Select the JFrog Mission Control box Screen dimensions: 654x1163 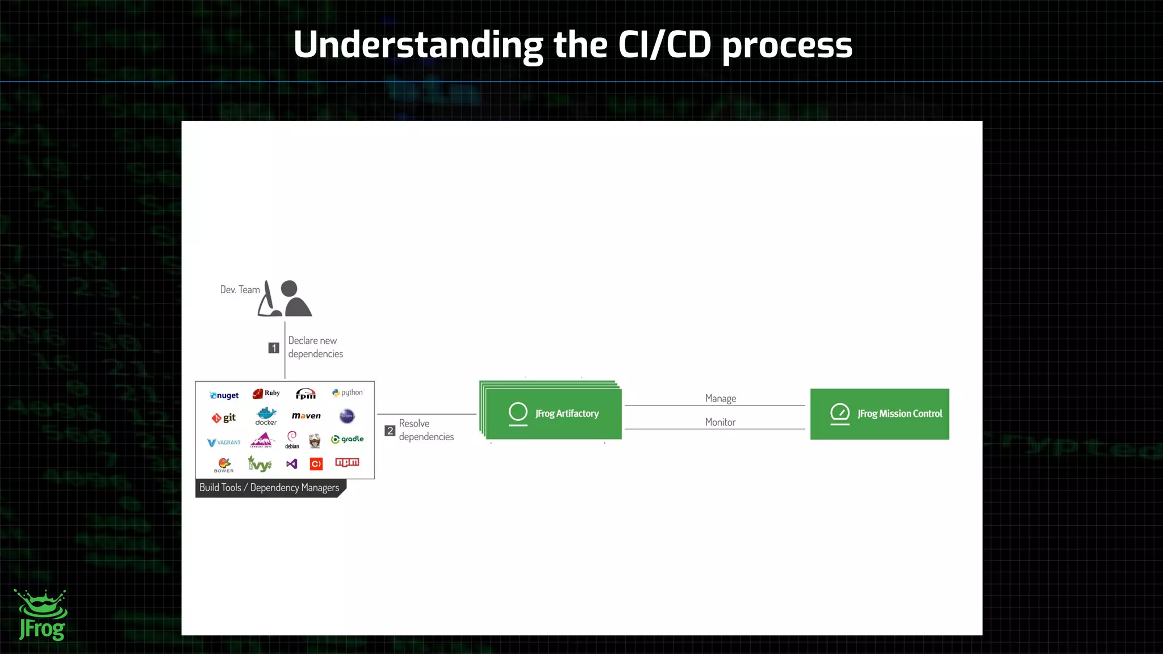pos(879,414)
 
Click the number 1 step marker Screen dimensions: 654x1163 pos(274,348)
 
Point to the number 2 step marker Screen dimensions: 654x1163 pos(390,431)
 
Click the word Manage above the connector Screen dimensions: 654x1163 pos(720,398)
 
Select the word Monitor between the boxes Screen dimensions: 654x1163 pos(720,422)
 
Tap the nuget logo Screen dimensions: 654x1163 pos(224,395)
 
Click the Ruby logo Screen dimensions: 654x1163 pos(266,393)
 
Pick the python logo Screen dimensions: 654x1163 pos(348,393)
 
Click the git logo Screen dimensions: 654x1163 pos(224,418)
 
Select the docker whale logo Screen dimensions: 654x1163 pos(266,416)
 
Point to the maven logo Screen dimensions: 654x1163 pos(306,416)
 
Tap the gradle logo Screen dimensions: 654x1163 pos(347,439)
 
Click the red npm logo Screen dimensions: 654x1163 pos(347,462)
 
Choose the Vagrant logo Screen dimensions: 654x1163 pos(224,442)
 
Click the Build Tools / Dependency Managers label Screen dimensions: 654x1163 pos(269,488)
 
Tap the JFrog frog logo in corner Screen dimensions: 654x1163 pos(41,615)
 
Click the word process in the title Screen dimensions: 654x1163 pos(787,45)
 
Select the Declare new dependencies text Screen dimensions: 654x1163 pos(315,347)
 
